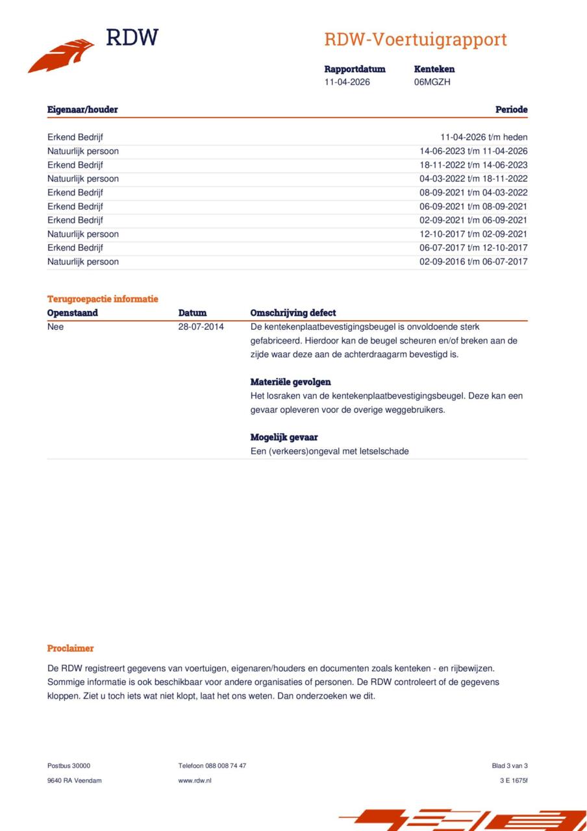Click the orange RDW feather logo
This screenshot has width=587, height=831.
(61, 56)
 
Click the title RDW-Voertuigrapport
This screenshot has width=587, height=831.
(416, 40)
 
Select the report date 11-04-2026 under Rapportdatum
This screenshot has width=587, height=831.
(347, 82)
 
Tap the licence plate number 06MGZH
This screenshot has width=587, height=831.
(432, 82)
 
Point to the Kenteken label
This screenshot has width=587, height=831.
(434, 69)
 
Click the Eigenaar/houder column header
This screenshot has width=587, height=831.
(82, 110)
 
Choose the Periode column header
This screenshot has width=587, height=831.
(511, 110)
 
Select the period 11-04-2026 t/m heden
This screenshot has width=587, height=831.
(484, 137)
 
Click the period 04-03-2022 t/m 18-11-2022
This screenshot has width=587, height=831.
(473, 179)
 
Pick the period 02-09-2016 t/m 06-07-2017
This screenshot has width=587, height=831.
(473, 262)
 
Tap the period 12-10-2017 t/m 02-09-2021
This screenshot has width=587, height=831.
(473, 234)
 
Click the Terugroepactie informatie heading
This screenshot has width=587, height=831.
(103, 299)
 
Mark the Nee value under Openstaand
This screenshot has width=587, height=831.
(56, 327)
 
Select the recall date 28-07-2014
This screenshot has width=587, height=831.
(201, 327)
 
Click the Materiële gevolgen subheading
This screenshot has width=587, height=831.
(290, 382)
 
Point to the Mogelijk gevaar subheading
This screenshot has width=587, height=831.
(284, 438)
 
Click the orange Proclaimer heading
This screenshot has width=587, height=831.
(70, 649)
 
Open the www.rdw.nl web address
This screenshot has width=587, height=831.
(195, 780)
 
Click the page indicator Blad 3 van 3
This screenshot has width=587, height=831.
(510, 765)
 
